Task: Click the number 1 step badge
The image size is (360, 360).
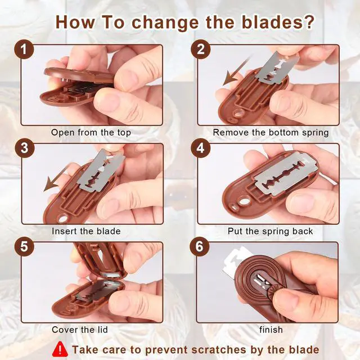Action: [24, 49]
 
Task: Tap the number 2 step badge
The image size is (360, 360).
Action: [200, 49]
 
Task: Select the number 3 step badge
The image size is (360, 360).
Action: [25, 148]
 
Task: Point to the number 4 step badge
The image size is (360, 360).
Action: [200, 148]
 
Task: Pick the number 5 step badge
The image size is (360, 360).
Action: [24, 247]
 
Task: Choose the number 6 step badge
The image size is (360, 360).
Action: [200, 247]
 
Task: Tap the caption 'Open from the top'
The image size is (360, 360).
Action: [91, 133]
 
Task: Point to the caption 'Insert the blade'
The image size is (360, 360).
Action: [86, 231]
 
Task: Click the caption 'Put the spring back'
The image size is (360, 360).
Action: [270, 231]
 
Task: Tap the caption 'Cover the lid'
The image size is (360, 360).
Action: [80, 330]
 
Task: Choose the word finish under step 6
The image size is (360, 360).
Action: [271, 330]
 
